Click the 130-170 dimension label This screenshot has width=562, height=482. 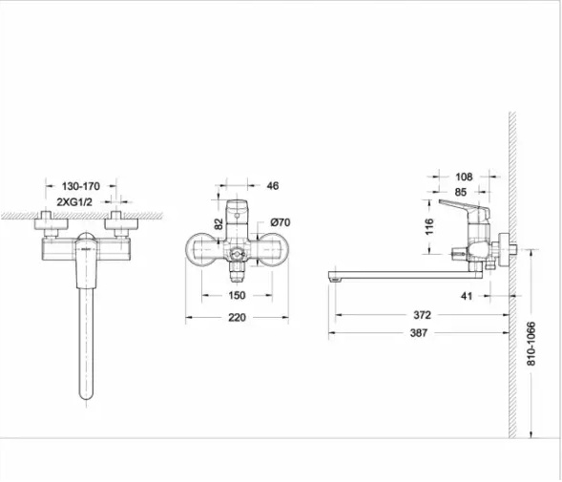(x=81, y=186)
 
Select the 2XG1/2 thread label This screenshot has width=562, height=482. (x=74, y=202)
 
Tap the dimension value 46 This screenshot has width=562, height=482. (x=273, y=186)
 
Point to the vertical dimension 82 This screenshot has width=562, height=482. (x=219, y=224)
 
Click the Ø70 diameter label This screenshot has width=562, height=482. (x=281, y=222)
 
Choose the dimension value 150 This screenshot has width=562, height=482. (x=237, y=295)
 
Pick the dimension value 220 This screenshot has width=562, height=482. (x=237, y=318)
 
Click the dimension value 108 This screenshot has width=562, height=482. (x=464, y=177)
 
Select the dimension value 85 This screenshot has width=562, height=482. (x=461, y=192)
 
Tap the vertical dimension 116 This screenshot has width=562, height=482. (x=429, y=226)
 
